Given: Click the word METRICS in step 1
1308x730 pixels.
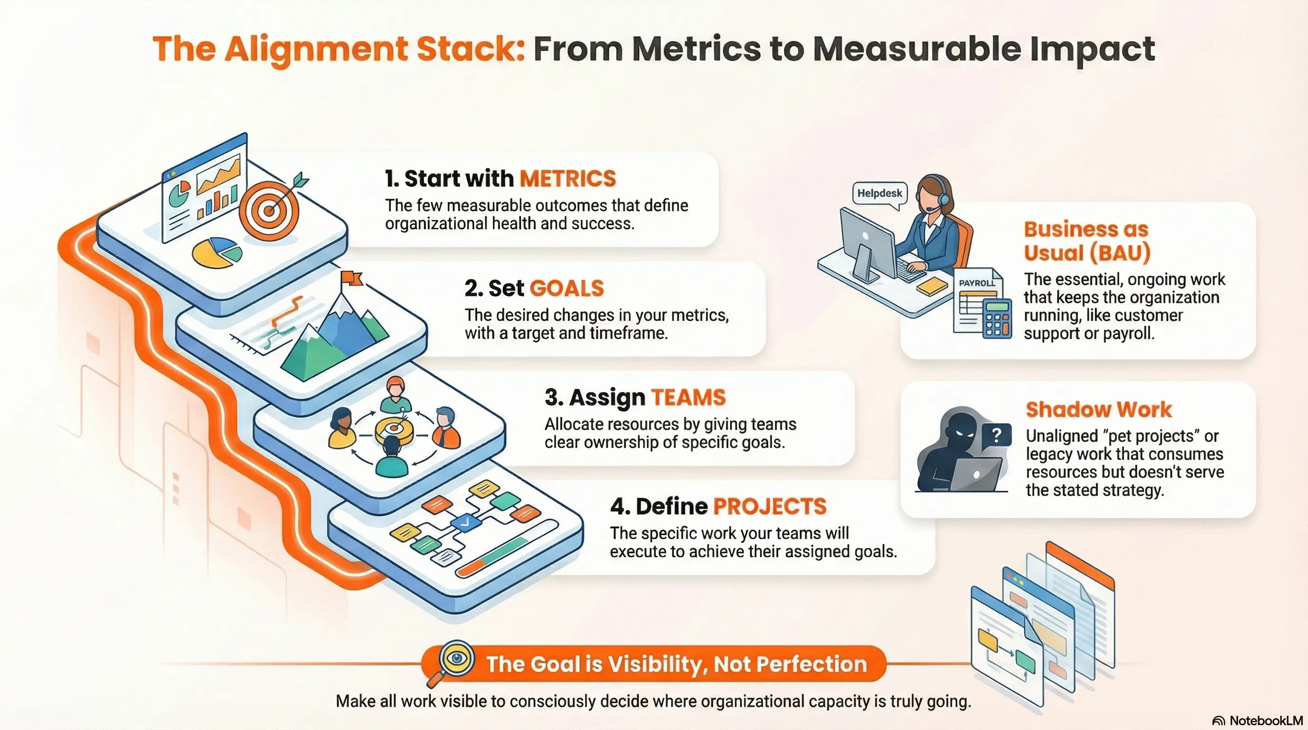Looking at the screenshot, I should pos(567,179).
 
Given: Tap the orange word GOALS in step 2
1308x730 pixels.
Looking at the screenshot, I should pos(567,288).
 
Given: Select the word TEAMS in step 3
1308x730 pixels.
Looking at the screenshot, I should pos(688,397).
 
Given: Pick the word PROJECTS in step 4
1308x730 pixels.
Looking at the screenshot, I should pos(770,507).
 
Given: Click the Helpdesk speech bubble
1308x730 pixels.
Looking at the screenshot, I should pos(879,193).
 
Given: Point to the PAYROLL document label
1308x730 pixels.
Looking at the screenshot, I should pos(976,283).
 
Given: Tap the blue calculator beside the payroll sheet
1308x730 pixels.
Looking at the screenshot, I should pos(997,319).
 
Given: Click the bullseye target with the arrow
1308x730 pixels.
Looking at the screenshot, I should pos(269,209).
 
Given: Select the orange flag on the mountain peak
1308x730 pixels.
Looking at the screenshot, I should pos(351,278).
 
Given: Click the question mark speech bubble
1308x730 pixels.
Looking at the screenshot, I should pos(996,435).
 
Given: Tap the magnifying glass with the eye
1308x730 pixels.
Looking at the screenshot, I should pos(455,659).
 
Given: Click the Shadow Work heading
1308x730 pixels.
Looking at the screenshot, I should pos(1098,410).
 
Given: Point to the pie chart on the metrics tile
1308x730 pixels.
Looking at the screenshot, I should pos(217,252).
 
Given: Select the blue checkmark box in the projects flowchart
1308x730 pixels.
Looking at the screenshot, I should pos(466,521).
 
